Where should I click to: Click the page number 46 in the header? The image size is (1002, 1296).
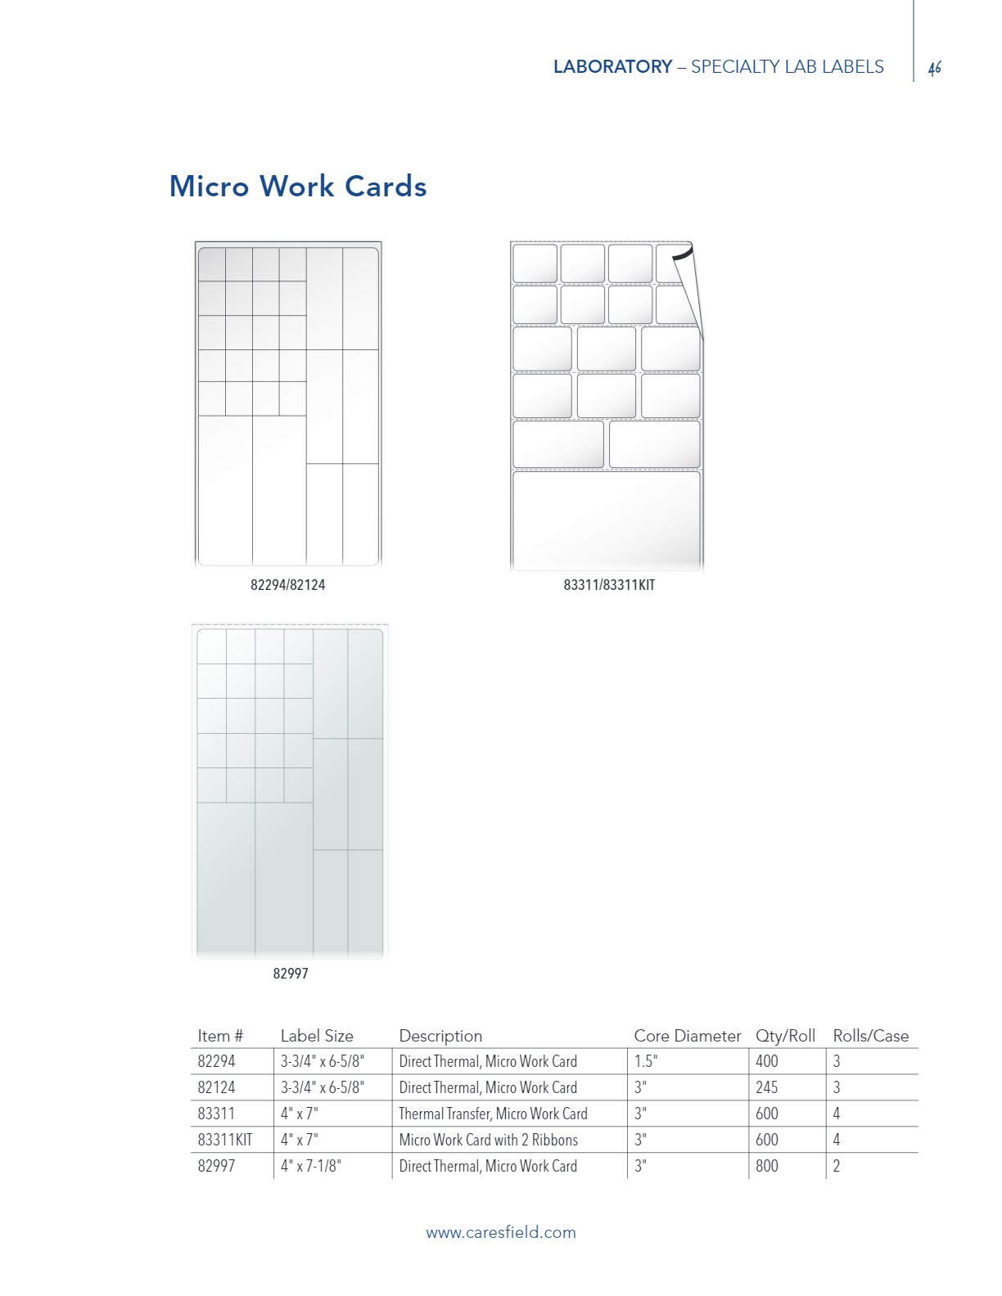(x=935, y=69)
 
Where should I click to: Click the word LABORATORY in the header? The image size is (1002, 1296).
(x=612, y=67)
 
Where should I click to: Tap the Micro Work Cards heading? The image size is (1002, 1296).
(x=298, y=187)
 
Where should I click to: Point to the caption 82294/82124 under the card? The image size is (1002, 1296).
(x=287, y=585)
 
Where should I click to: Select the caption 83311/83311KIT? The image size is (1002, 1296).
(x=609, y=585)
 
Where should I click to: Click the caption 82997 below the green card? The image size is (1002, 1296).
(x=291, y=974)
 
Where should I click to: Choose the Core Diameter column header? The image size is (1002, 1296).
(x=687, y=1036)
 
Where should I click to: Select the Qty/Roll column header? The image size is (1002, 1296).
(x=785, y=1036)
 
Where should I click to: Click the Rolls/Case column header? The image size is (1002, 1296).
(x=870, y=1036)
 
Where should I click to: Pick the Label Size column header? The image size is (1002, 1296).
(x=317, y=1036)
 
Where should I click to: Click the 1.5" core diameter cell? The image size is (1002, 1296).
(x=646, y=1061)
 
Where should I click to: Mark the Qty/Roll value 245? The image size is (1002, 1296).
(x=767, y=1087)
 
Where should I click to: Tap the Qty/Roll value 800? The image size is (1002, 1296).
(x=767, y=1166)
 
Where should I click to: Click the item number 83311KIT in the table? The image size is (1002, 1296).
(x=225, y=1140)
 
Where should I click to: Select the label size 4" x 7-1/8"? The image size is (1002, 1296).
(x=311, y=1166)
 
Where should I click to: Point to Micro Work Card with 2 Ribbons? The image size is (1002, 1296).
(x=488, y=1140)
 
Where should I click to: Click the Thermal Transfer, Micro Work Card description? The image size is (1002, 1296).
(x=493, y=1114)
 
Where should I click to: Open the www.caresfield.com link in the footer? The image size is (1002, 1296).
(x=500, y=1232)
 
